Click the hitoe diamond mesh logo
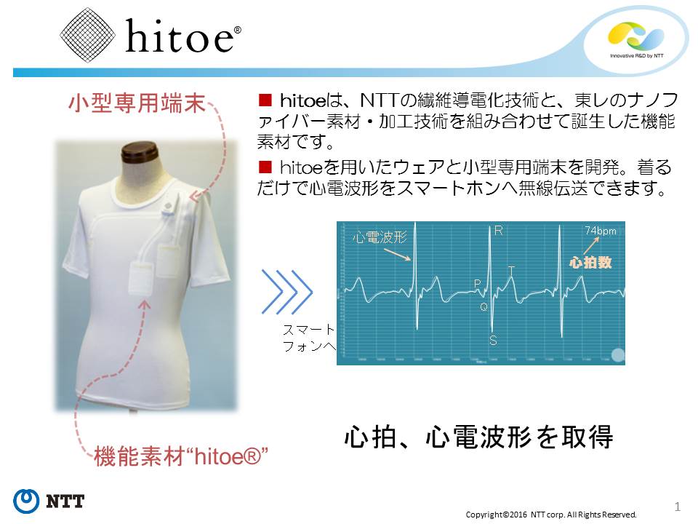(x=87, y=35)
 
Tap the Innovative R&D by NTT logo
(x=636, y=39)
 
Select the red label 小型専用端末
(x=137, y=103)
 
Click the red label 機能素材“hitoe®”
(x=181, y=457)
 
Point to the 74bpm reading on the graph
(x=601, y=231)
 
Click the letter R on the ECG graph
(x=499, y=231)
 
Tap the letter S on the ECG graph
(x=493, y=341)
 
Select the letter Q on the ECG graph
(x=484, y=306)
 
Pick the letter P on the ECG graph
(x=478, y=283)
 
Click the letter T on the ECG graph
(x=511, y=271)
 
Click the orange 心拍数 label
(x=590, y=263)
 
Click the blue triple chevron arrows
(x=287, y=292)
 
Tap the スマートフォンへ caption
(x=309, y=338)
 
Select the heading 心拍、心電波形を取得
(x=479, y=437)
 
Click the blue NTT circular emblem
(x=26, y=501)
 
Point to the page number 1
(x=678, y=507)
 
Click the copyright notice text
(x=551, y=515)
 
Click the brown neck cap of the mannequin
(x=140, y=154)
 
